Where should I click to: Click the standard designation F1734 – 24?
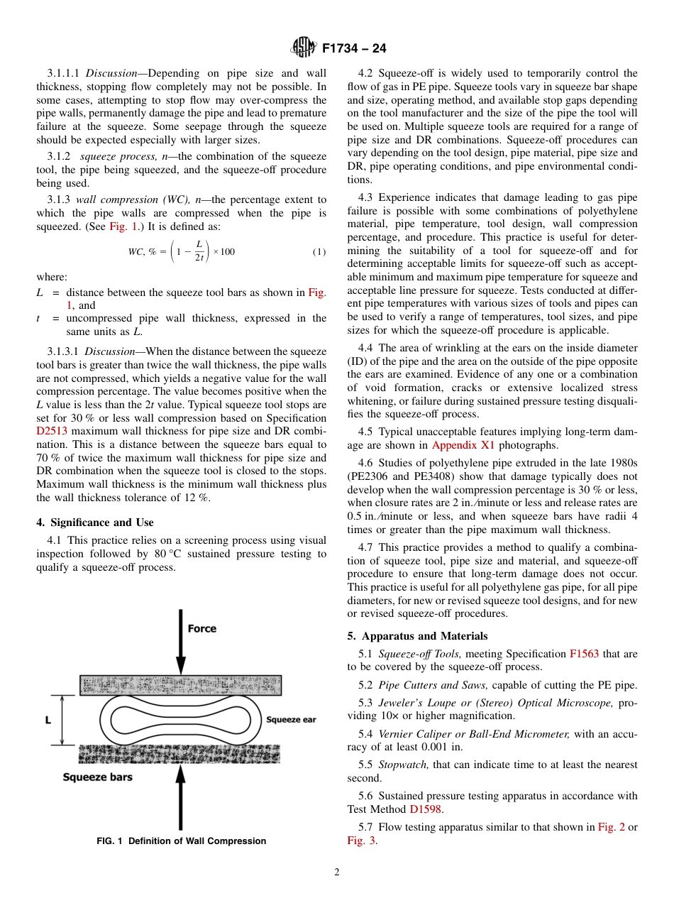coord(354,49)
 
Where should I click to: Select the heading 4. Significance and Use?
coord(94,522)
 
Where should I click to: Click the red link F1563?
coord(584,654)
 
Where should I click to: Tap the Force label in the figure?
coord(201,629)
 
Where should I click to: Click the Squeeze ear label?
coord(291,720)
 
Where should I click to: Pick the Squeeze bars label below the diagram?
coord(98,777)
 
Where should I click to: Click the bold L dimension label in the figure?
coord(48,720)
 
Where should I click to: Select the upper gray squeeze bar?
coord(180,685)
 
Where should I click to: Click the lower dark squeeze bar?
coord(180,754)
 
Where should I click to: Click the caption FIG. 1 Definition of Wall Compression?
coord(182,841)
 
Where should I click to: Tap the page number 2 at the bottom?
coord(337,872)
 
